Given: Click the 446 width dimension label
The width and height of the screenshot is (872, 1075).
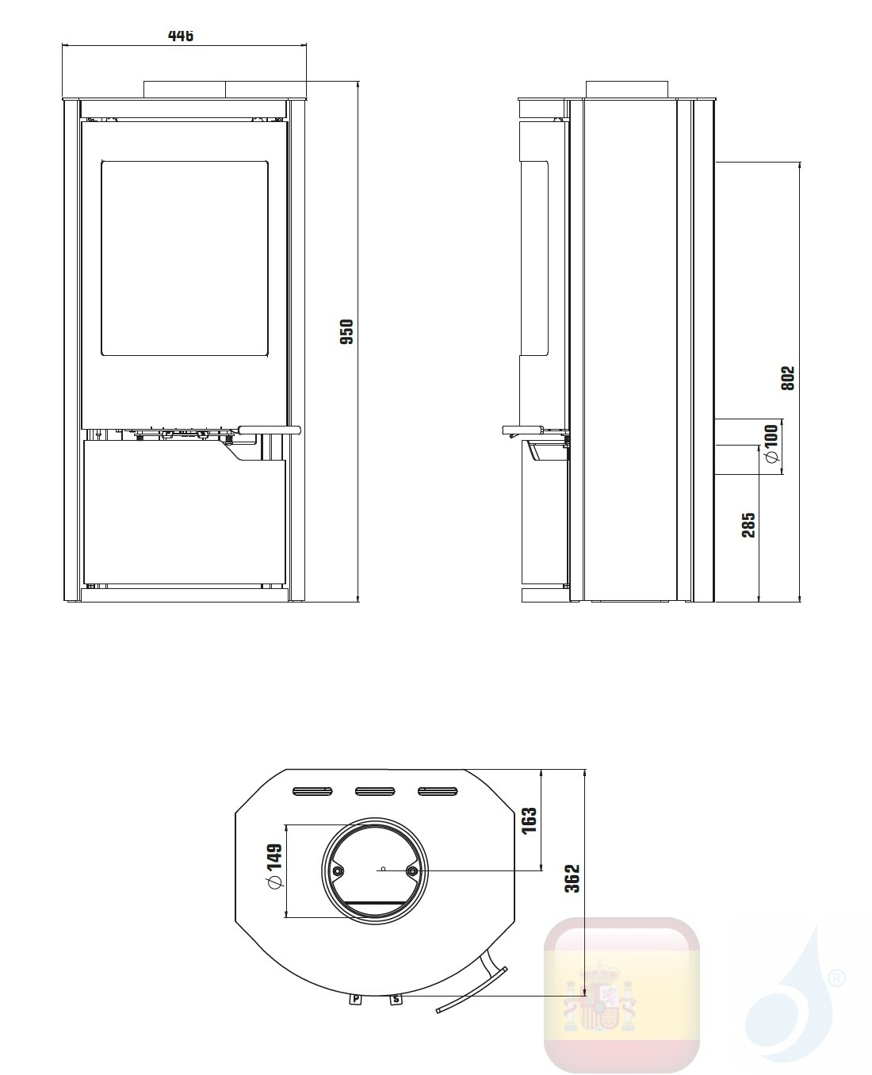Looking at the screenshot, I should [x=181, y=36].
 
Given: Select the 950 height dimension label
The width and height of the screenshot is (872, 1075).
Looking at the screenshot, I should [x=346, y=331].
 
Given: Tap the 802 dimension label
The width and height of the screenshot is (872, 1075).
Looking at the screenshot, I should [x=787, y=378].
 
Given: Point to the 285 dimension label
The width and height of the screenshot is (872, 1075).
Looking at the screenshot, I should [x=748, y=525].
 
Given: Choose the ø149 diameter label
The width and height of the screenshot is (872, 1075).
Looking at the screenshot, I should [x=274, y=868].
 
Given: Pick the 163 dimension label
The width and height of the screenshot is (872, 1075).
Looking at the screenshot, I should [x=530, y=820].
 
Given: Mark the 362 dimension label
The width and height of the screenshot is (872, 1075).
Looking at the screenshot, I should [x=573, y=878].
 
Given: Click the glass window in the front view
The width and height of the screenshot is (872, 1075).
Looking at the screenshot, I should [x=184, y=258].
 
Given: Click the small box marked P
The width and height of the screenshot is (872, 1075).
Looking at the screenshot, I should [x=356, y=999].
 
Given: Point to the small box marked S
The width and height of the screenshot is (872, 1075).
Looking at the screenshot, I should [x=396, y=1000].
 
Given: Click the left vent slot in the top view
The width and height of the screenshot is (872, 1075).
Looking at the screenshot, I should [x=312, y=790].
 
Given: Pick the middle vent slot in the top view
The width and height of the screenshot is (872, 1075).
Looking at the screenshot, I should [x=375, y=790].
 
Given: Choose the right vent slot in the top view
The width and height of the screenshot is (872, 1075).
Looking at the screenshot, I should [x=438, y=790].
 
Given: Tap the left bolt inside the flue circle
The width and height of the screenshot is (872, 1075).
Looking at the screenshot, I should [x=338, y=870].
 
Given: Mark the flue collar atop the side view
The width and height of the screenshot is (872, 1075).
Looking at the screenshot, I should [x=627, y=89].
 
